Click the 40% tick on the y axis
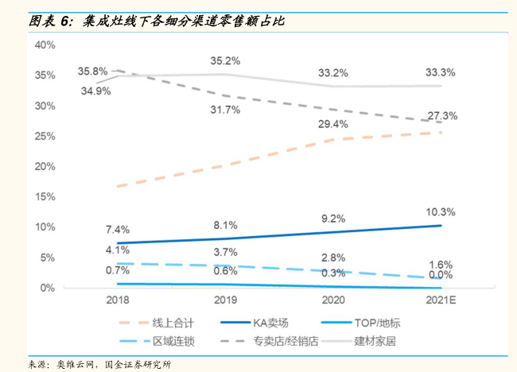coord(45,45)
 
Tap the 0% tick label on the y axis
coord(48,288)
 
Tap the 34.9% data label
coord(95,91)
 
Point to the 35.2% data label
coord(225,60)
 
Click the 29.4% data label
coord(333,124)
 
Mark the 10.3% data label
coord(440,211)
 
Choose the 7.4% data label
coord(117,230)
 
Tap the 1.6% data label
coord(440,265)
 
